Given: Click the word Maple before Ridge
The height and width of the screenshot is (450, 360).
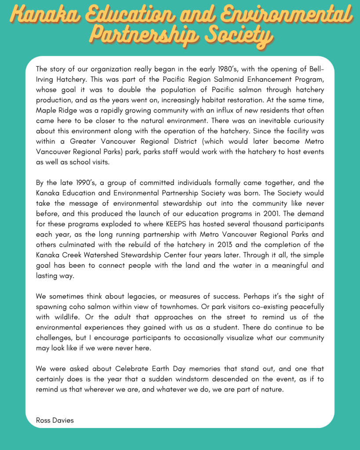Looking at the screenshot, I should [x=46, y=110].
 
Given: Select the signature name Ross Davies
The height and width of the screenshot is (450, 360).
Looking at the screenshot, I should [x=55, y=421].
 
